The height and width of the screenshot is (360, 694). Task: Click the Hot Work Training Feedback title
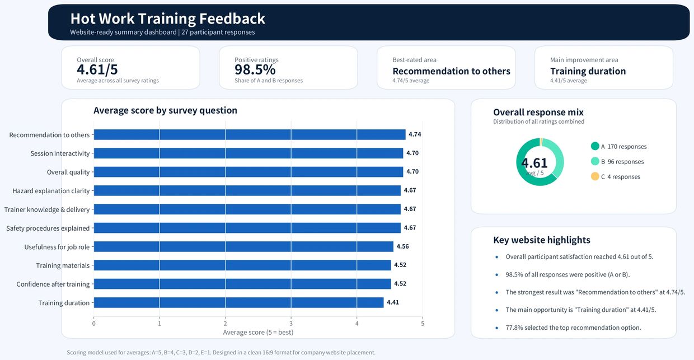click(x=167, y=18)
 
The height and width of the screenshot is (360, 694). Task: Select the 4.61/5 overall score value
click(x=97, y=70)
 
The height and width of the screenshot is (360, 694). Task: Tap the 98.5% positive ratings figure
click(x=255, y=70)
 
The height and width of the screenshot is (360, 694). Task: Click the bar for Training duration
click(x=238, y=302)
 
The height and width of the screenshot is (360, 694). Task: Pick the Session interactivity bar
click(x=248, y=153)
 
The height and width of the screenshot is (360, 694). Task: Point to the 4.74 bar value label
click(x=415, y=134)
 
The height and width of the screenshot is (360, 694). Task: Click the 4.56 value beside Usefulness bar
click(x=403, y=246)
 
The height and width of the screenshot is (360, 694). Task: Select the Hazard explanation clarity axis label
click(x=51, y=190)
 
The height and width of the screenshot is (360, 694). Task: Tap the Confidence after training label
click(x=53, y=284)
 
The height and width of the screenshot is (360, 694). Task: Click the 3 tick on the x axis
click(x=291, y=324)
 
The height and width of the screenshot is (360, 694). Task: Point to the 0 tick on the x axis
click(x=94, y=324)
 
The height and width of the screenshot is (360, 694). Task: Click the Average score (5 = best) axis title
click(x=258, y=332)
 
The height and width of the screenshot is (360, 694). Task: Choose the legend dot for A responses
click(x=595, y=146)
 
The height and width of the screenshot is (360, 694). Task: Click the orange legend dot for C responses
click(x=595, y=176)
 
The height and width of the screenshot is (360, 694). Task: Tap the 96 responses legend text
click(x=626, y=161)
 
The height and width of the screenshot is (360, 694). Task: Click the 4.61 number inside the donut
click(x=534, y=163)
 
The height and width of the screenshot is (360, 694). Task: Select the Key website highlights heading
click(x=542, y=240)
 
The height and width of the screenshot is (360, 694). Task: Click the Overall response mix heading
click(x=538, y=112)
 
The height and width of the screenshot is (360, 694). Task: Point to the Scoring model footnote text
click(x=221, y=352)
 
